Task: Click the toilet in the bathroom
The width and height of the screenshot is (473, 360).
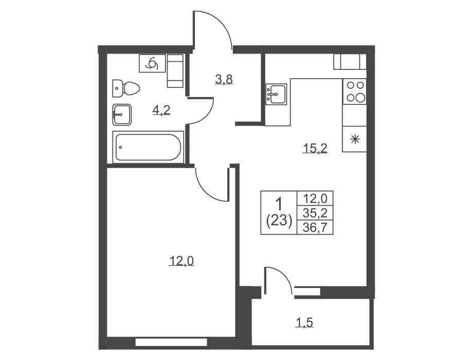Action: (x=126, y=88)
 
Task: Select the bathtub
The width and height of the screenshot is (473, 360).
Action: (x=148, y=147)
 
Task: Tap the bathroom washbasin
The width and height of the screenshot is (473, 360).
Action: (x=121, y=115)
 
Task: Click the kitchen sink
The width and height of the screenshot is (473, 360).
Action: (x=276, y=94)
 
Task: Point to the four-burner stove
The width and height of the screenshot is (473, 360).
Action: (x=355, y=92)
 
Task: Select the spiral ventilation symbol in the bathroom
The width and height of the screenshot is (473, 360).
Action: (x=152, y=63)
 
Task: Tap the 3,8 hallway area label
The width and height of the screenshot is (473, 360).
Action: (x=224, y=79)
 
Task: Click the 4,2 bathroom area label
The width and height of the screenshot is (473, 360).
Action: (x=161, y=110)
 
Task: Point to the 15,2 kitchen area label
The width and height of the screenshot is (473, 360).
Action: (x=315, y=148)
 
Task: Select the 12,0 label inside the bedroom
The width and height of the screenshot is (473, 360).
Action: (x=181, y=261)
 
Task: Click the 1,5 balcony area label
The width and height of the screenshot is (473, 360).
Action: (x=304, y=322)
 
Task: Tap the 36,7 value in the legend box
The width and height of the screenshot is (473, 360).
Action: (x=315, y=227)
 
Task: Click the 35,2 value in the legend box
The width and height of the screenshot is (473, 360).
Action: (x=315, y=213)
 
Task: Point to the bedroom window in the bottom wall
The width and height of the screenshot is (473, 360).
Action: (x=171, y=342)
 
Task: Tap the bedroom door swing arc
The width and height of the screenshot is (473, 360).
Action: (x=208, y=191)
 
